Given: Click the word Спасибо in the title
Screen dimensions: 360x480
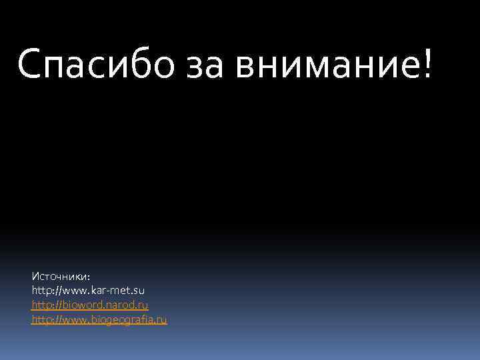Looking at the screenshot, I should tap(97, 64).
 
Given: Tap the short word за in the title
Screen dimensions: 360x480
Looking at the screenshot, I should tap(206, 65).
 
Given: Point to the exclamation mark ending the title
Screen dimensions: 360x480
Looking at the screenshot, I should tap(426, 63).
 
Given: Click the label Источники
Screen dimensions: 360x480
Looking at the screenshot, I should tap(61, 276).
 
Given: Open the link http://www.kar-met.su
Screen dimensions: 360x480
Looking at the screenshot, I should tap(88, 291).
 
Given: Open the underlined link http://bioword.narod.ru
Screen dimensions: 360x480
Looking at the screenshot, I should tap(90, 305).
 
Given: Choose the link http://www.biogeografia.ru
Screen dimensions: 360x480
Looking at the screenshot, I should tap(99, 319).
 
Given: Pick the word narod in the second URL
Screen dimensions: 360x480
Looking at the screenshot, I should tap(120, 305).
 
